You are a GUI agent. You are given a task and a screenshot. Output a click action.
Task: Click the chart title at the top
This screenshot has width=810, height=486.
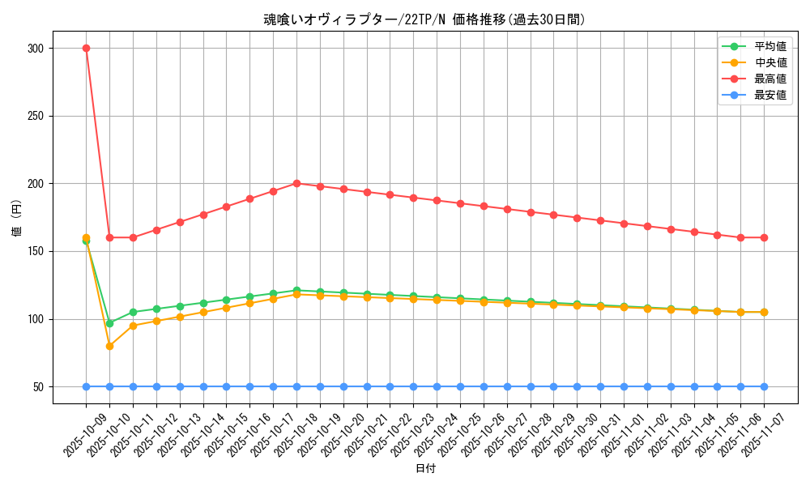[424, 19]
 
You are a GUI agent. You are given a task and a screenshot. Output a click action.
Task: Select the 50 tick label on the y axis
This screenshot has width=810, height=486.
[37, 387]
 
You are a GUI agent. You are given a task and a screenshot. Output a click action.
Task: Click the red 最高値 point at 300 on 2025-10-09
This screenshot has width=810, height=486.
[86, 48]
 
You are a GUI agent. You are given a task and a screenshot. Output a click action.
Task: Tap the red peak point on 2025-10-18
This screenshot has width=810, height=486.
[296, 183]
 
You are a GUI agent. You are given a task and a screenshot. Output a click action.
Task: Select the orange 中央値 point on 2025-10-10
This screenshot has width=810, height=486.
[109, 346]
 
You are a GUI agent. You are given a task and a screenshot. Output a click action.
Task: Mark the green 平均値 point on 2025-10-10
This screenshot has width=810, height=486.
[109, 323]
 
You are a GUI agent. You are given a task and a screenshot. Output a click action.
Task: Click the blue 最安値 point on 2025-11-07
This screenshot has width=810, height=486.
[764, 386]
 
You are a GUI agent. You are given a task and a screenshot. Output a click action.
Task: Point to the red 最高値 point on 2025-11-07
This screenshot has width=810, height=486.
[764, 237]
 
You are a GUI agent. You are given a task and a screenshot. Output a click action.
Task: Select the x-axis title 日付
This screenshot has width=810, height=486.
[424, 469]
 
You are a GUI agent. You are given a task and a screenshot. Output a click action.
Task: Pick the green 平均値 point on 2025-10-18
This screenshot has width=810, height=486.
[296, 290]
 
